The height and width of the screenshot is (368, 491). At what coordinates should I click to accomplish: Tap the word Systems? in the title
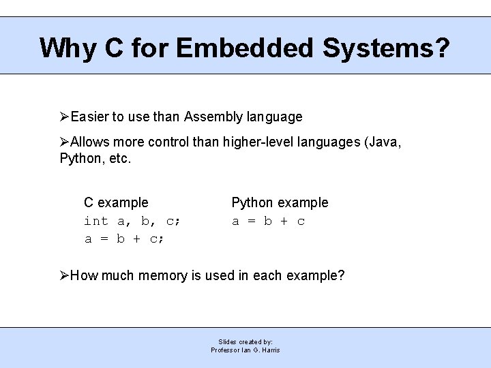coord(386,48)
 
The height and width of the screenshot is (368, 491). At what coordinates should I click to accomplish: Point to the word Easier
coord(89,117)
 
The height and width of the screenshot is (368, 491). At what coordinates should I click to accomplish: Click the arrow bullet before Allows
coord(65,142)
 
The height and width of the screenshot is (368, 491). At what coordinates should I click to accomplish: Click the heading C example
coord(116,202)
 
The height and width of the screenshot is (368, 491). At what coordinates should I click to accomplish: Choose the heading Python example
coord(280,202)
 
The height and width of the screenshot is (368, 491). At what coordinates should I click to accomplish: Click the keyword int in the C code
coord(96,221)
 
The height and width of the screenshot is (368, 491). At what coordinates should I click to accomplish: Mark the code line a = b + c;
coord(125,239)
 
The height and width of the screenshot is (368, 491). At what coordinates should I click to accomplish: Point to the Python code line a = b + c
coord(269,221)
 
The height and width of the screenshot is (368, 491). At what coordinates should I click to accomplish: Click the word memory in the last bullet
coord(162,275)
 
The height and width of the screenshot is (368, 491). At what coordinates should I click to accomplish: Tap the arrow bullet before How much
coord(65,275)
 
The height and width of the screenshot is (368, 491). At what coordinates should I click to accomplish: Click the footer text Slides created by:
coord(245,341)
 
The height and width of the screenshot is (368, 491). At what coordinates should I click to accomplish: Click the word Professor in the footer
coord(226,350)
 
